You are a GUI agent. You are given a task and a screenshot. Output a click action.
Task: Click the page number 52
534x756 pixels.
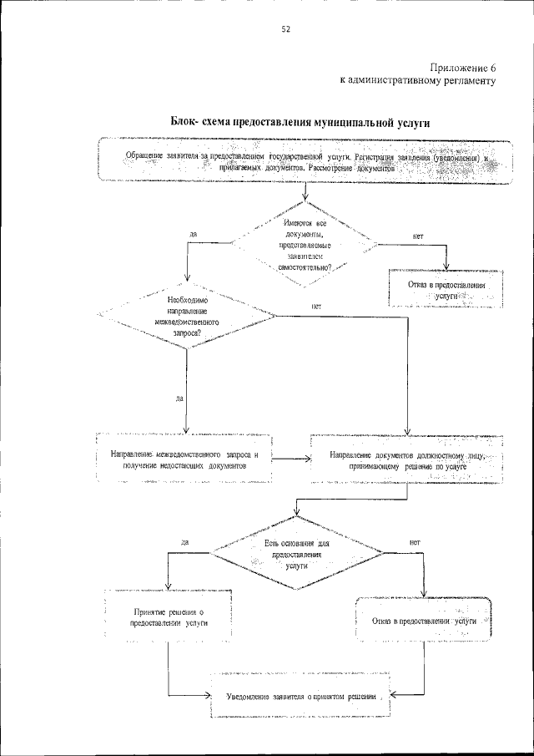[x=285, y=29]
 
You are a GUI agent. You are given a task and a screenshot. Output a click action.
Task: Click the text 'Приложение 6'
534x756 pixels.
[x=463, y=67]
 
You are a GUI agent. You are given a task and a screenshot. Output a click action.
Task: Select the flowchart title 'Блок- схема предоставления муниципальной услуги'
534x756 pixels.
[x=300, y=122]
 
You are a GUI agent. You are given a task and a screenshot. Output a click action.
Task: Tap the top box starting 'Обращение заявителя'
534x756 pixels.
[x=305, y=161]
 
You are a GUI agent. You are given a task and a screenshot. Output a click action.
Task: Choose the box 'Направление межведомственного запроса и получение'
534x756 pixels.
[x=185, y=459]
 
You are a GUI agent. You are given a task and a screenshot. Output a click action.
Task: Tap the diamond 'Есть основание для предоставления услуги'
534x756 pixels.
[x=298, y=553]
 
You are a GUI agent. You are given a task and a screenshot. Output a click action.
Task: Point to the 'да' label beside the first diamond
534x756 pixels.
[x=193, y=235]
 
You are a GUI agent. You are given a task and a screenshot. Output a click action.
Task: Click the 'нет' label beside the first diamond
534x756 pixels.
[x=418, y=236]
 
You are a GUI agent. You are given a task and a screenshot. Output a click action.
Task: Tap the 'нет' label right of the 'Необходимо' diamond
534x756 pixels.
[x=316, y=307]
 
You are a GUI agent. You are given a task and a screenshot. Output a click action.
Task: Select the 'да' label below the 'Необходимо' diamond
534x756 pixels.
[x=179, y=398]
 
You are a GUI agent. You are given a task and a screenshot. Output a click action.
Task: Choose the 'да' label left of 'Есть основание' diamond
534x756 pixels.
[x=184, y=542]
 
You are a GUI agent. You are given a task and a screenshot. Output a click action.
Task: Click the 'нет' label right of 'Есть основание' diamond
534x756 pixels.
[x=415, y=542]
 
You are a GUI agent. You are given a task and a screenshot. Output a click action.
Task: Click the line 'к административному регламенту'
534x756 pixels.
[x=418, y=81]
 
